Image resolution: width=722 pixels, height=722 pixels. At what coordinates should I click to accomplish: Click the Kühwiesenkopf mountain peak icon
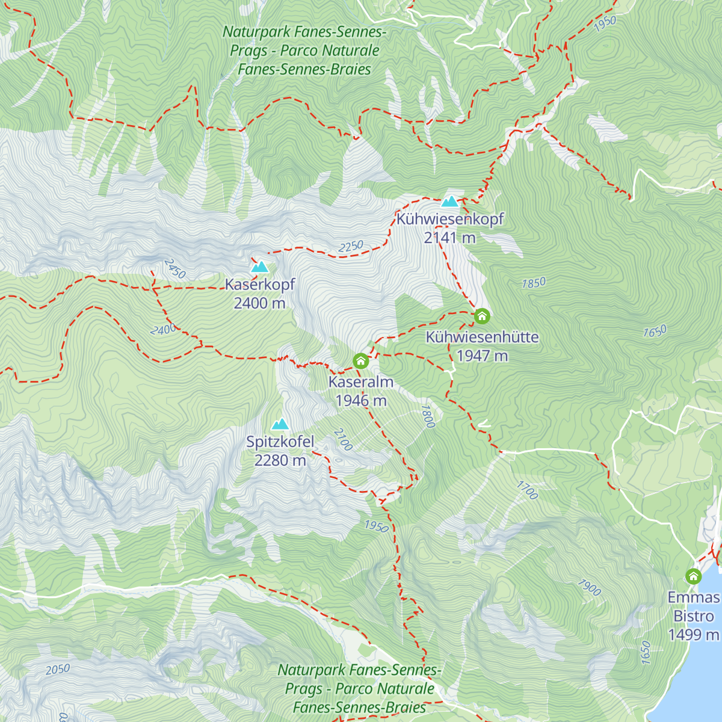[x=449, y=201]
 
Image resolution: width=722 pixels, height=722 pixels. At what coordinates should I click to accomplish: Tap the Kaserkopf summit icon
[x=260, y=267]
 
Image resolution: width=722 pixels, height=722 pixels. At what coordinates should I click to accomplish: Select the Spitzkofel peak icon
[x=280, y=424]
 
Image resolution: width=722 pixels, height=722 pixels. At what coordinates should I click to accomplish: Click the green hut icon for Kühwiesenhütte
[x=482, y=316]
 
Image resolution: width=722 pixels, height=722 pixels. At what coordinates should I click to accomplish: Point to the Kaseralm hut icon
[x=360, y=361]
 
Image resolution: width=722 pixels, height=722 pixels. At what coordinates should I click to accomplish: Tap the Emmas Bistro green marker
[x=693, y=576]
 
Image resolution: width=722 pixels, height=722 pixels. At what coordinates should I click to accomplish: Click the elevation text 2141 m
[x=449, y=238]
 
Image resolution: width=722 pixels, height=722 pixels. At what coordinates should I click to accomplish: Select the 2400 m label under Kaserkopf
[x=259, y=303]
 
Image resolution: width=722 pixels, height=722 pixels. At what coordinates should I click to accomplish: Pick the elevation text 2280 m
[x=280, y=461]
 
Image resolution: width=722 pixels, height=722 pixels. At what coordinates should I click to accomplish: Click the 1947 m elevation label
[x=482, y=356]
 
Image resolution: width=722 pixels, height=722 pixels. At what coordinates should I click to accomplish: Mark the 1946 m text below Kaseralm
[x=360, y=401]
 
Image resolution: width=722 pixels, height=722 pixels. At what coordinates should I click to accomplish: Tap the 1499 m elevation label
[x=693, y=635]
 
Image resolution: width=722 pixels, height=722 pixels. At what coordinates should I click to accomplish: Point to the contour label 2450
[x=174, y=269]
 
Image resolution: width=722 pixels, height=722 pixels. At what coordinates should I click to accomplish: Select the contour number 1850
[x=533, y=283]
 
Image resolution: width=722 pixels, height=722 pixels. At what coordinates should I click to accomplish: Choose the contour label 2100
[x=342, y=440]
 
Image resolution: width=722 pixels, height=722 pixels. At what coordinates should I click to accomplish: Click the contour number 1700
[x=527, y=490]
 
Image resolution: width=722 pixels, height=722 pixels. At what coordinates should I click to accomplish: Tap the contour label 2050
[x=58, y=669]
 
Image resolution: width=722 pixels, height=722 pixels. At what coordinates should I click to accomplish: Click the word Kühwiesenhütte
[x=482, y=338]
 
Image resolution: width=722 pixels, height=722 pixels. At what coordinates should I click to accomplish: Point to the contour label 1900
[x=589, y=587]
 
